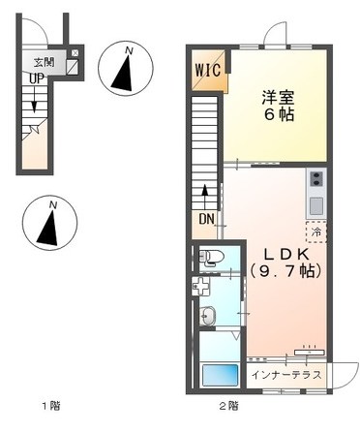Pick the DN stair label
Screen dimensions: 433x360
[207, 218]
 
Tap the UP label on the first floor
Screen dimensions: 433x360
[35, 78]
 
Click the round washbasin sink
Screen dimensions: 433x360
[207, 315]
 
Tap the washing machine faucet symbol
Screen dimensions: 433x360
[199, 286]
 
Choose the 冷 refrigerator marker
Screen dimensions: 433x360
[315, 232]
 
